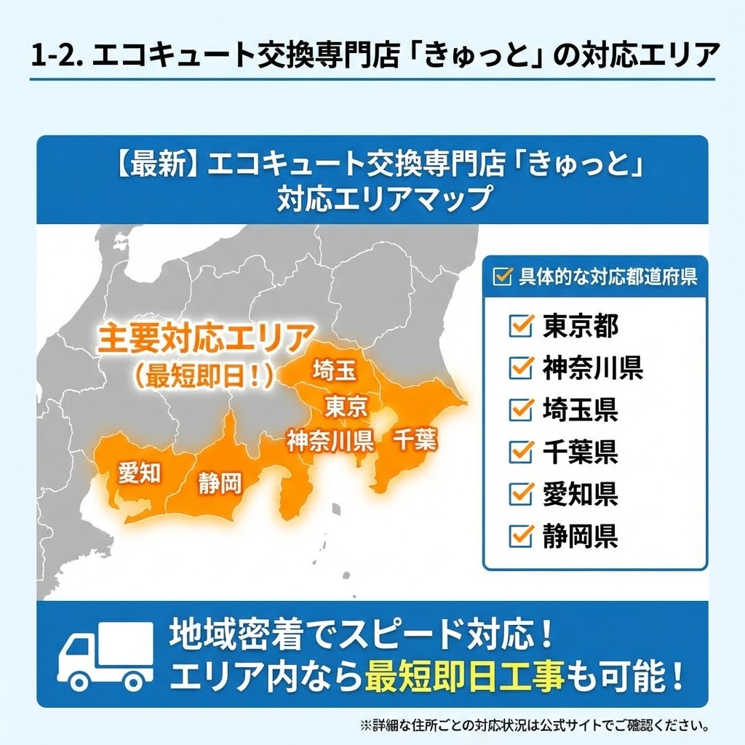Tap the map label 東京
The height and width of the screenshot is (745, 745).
point(346,406)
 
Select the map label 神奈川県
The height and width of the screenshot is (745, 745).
point(330,440)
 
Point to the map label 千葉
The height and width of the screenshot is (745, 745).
point(415,439)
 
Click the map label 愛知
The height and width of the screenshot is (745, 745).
point(139,473)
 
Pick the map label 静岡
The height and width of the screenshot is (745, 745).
point(219,483)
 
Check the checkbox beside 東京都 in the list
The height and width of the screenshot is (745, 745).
point(522,325)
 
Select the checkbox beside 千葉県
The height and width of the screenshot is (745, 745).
point(522,452)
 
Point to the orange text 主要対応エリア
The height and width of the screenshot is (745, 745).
point(206,340)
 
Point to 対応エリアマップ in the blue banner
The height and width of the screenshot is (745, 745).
point(383,199)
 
